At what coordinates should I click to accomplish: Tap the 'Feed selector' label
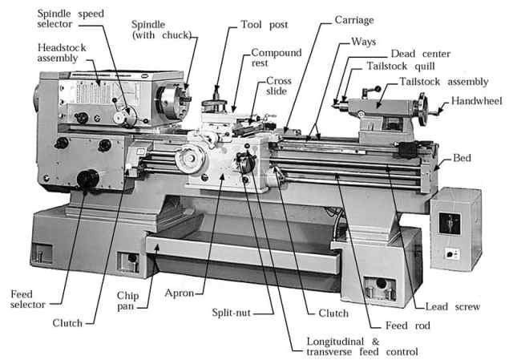(24, 299)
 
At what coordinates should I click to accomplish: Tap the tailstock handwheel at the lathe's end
(438, 105)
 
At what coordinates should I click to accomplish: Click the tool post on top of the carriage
(217, 104)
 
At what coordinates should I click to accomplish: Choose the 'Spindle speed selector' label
(52, 18)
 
